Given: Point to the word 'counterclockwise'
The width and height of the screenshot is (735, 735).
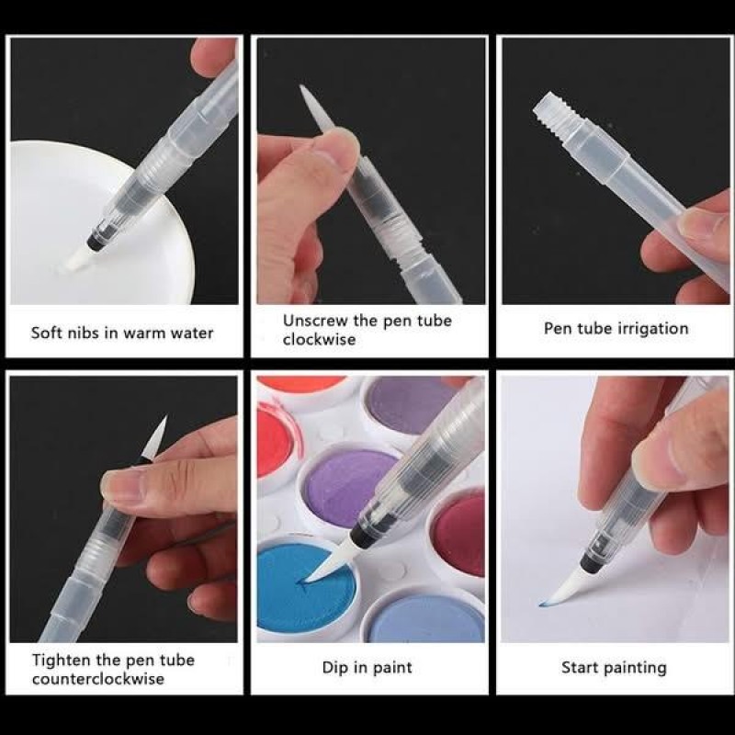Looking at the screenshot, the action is tap(98, 679).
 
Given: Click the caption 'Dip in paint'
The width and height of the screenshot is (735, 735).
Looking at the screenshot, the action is tap(367, 668).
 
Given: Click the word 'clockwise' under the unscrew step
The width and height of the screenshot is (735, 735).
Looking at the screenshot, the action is tap(319, 339).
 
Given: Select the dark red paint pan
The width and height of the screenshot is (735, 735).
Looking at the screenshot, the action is tap(458, 534).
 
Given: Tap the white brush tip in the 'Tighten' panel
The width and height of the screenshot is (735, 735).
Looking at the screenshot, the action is tap(155, 438).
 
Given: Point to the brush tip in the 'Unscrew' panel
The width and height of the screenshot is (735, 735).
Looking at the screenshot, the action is tap(316, 107).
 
